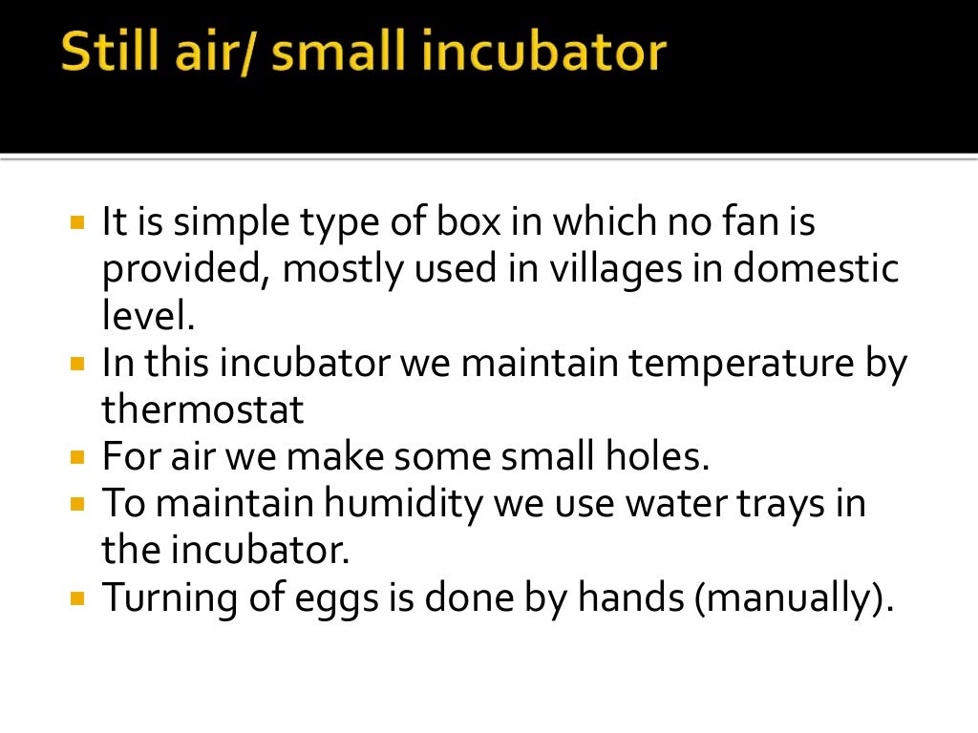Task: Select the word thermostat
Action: coord(202,409)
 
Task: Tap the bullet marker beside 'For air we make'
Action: coord(78,457)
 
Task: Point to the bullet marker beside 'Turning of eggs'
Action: coord(78,598)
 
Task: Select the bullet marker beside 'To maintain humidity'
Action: coord(78,504)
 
